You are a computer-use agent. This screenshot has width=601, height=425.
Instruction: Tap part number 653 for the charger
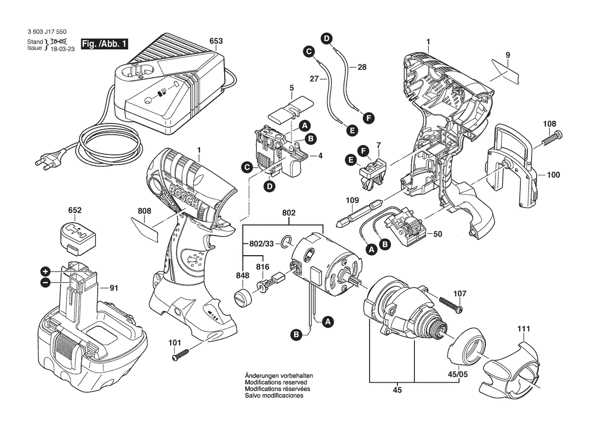tap(216, 41)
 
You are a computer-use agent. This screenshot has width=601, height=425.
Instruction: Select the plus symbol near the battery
tap(45, 271)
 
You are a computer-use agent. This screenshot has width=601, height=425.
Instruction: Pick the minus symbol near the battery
tap(45, 282)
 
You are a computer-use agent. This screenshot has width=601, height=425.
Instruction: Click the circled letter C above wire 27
tap(308, 51)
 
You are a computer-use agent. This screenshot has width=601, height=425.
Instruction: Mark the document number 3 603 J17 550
tap(47, 32)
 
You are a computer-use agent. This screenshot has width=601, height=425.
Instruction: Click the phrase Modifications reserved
tap(276, 383)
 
